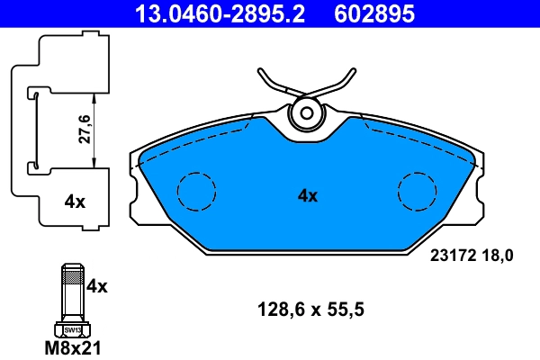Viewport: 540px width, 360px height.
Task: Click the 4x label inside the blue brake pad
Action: point(308,194)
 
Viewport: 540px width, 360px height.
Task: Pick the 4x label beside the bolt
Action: point(97,287)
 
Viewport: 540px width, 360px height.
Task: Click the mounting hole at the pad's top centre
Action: point(308,114)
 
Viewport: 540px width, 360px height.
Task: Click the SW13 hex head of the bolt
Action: point(72,330)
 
